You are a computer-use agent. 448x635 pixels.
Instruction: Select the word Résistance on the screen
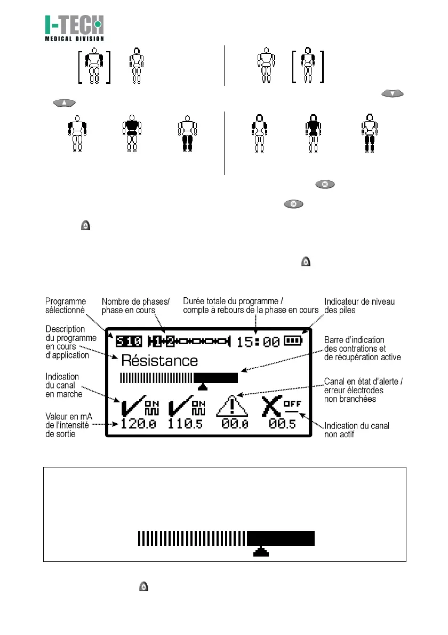click(x=159, y=360)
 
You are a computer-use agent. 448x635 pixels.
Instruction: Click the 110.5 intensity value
click(x=186, y=424)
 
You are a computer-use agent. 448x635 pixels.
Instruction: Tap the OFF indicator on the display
click(x=292, y=403)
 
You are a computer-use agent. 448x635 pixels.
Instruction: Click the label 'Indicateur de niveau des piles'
click(x=360, y=306)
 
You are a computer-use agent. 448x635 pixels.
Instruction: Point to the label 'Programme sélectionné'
click(x=65, y=306)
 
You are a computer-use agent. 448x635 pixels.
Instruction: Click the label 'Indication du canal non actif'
click(x=357, y=430)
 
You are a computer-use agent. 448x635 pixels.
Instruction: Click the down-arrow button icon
click(x=393, y=94)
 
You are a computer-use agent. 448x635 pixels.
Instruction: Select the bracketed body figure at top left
click(x=94, y=66)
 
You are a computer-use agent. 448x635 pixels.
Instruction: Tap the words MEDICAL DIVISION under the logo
click(x=74, y=38)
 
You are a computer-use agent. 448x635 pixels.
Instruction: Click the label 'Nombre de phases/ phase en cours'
click(x=135, y=306)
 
